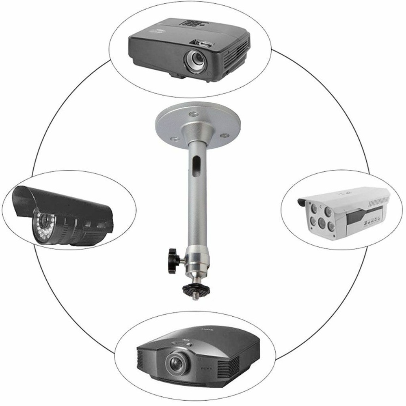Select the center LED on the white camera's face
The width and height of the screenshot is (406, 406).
(x=321, y=221)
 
